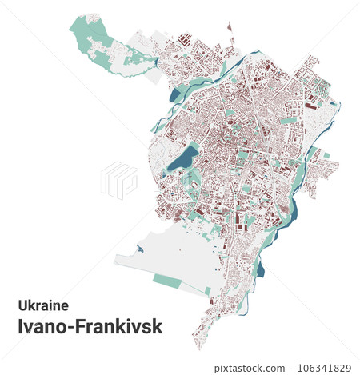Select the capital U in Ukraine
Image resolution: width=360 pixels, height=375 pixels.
[22, 305]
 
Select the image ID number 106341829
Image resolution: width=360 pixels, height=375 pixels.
[323, 367]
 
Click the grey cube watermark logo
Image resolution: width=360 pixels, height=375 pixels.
[118, 180]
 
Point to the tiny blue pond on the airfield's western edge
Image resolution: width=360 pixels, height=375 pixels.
[141, 249]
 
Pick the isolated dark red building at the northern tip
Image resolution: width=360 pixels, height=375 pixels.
[231, 26]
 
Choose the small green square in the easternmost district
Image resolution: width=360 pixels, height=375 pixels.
[326, 154]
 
